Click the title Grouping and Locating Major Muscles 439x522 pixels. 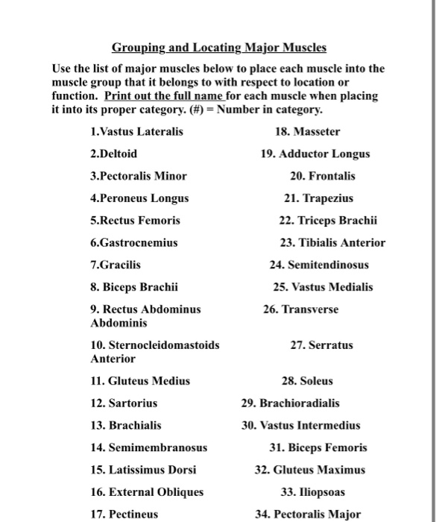point(219,48)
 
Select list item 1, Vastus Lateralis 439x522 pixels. point(136,132)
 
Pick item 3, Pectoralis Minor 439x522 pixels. point(138,177)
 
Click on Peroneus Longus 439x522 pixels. point(139,198)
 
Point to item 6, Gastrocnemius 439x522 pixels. point(133,242)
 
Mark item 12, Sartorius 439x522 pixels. point(123,403)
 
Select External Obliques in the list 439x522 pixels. point(146,491)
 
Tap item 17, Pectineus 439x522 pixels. point(124,514)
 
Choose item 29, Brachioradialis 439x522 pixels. point(290,403)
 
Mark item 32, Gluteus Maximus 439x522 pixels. point(309,470)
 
